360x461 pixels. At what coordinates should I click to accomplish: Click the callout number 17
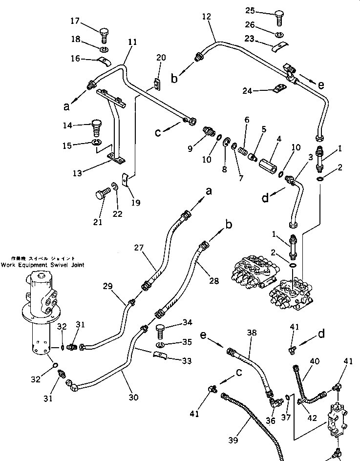pos(75,21)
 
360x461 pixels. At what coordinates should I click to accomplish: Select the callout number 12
pos(206,17)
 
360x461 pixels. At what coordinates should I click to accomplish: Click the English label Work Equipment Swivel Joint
pos(42,265)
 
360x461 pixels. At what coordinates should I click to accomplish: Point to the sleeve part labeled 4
pos(266,160)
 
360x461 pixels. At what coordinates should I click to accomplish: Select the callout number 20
pos(161,58)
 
